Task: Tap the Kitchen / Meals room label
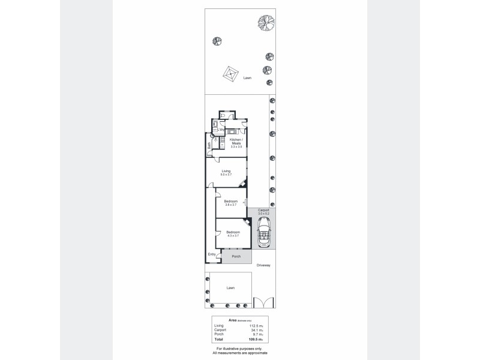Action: tap(236, 143)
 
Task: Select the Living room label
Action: tap(226, 173)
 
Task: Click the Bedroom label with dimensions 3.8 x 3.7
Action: tap(231, 203)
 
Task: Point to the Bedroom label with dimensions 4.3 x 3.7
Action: tap(233, 233)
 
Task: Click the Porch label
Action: tap(236, 257)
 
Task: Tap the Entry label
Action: tap(211, 254)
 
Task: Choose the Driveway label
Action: tap(263, 265)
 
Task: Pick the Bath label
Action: tap(209, 145)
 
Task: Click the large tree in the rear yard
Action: tap(266, 23)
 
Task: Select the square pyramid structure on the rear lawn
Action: tap(230, 75)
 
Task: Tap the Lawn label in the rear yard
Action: tap(247, 78)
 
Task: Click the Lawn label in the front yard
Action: tap(230, 288)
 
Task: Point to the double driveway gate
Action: tap(263, 303)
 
